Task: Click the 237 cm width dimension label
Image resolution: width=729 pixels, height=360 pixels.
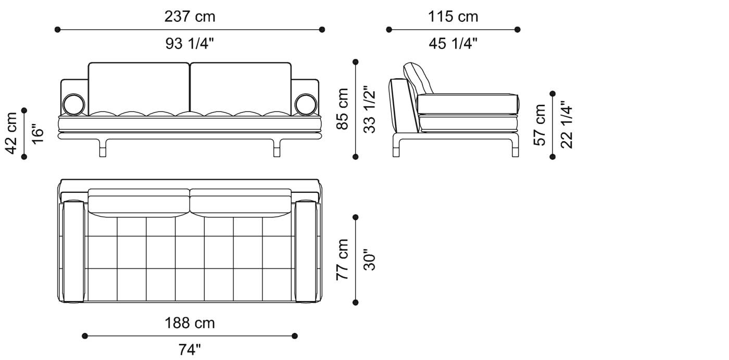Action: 190,17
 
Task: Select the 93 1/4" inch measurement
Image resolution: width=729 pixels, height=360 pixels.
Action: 190,44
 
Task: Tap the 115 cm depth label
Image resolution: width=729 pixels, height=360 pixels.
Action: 453,17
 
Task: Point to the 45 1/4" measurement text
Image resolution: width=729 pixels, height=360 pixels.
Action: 453,44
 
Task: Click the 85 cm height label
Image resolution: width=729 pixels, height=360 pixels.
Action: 342,109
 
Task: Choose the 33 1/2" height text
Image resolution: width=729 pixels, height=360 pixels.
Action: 369,109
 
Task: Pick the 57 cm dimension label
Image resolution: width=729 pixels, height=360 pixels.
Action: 541,125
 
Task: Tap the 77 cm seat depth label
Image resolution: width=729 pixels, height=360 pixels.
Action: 342,259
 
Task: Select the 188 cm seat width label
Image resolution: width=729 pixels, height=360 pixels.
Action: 190,323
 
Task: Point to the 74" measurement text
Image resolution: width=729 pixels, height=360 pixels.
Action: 190,350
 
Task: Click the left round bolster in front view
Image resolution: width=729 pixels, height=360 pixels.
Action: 73,104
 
